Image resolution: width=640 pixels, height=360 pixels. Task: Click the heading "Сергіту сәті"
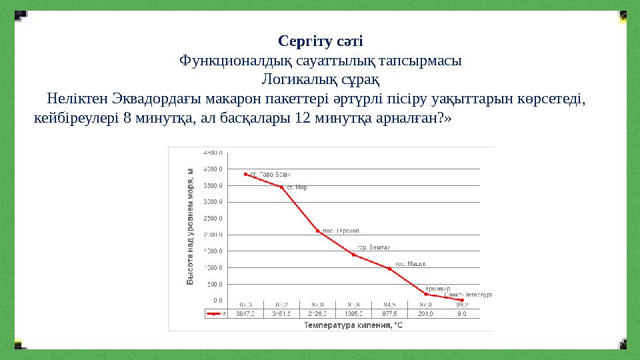pos(320,42)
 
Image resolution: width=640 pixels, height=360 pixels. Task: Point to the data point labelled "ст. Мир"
pos(281,187)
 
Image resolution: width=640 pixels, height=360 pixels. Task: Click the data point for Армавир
pos(425,294)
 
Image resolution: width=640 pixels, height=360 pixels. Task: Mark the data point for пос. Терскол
pos(317,231)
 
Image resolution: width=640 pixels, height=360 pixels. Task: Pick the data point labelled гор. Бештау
pos(353,255)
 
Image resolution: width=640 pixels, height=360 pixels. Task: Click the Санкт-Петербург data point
pos(461,301)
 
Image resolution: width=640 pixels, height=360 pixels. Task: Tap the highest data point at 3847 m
pos(245,174)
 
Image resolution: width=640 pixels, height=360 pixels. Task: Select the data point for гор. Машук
pos(389,269)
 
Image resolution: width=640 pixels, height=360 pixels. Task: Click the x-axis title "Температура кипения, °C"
pos(353,325)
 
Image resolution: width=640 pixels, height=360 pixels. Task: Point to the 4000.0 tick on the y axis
pos(213,153)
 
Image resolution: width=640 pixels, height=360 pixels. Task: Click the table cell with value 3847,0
pos(245,313)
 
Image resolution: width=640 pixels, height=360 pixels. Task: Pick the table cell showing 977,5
pos(389,313)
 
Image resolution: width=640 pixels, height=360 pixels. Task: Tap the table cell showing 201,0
pos(425,313)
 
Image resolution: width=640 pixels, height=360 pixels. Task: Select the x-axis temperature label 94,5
pos(389,305)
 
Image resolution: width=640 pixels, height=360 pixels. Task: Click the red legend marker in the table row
pos(215,313)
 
